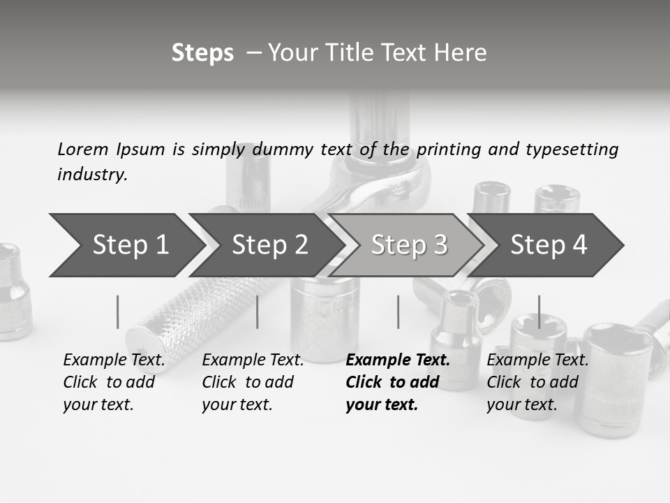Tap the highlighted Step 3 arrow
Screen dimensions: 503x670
point(409,245)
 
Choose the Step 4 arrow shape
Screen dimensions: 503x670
point(549,245)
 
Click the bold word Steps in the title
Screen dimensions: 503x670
point(202,53)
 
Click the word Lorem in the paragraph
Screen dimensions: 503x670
point(82,149)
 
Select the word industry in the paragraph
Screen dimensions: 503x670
point(91,174)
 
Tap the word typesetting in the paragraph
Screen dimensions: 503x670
point(572,149)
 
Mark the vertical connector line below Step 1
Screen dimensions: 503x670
point(117,312)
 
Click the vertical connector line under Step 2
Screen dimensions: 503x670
point(258,312)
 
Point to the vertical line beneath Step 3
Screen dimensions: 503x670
point(398,312)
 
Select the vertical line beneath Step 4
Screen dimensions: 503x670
point(539,312)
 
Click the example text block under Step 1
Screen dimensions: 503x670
point(114,382)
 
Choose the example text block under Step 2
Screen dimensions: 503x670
point(253,382)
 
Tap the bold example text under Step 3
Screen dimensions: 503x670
point(397,382)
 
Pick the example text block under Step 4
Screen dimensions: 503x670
point(537,382)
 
